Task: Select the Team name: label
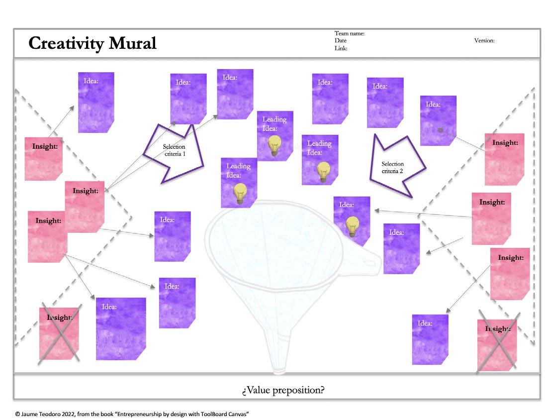[x=350, y=33]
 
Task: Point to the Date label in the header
[x=341, y=41]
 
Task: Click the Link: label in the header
[x=341, y=48]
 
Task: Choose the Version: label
[x=484, y=41]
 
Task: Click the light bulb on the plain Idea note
[x=353, y=226]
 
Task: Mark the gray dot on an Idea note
[x=440, y=129]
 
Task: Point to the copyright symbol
[x=17, y=414]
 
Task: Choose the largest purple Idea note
[x=121, y=328]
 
